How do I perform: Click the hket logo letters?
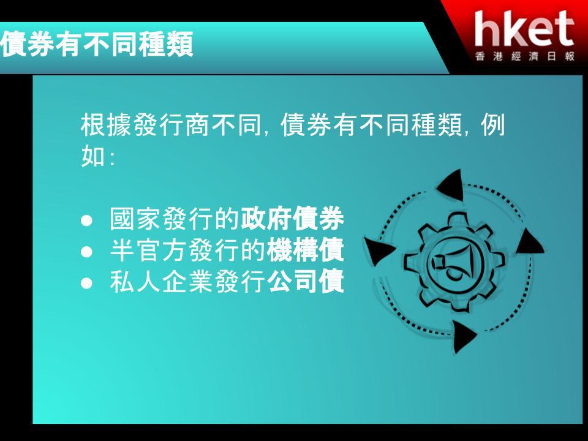(x=524, y=28)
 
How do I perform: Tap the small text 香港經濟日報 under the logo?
(x=525, y=56)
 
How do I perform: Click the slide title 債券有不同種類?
(x=97, y=44)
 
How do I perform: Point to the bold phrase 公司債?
(x=305, y=281)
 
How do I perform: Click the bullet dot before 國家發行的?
(x=86, y=220)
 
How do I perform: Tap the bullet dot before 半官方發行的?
(x=86, y=251)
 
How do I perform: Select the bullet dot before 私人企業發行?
(x=86, y=283)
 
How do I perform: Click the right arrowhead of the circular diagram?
(x=529, y=243)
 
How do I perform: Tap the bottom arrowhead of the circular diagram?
(x=464, y=336)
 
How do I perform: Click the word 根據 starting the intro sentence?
(x=106, y=125)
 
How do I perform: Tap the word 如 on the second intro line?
(x=93, y=156)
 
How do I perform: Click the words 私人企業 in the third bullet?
(x=162, y=281)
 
